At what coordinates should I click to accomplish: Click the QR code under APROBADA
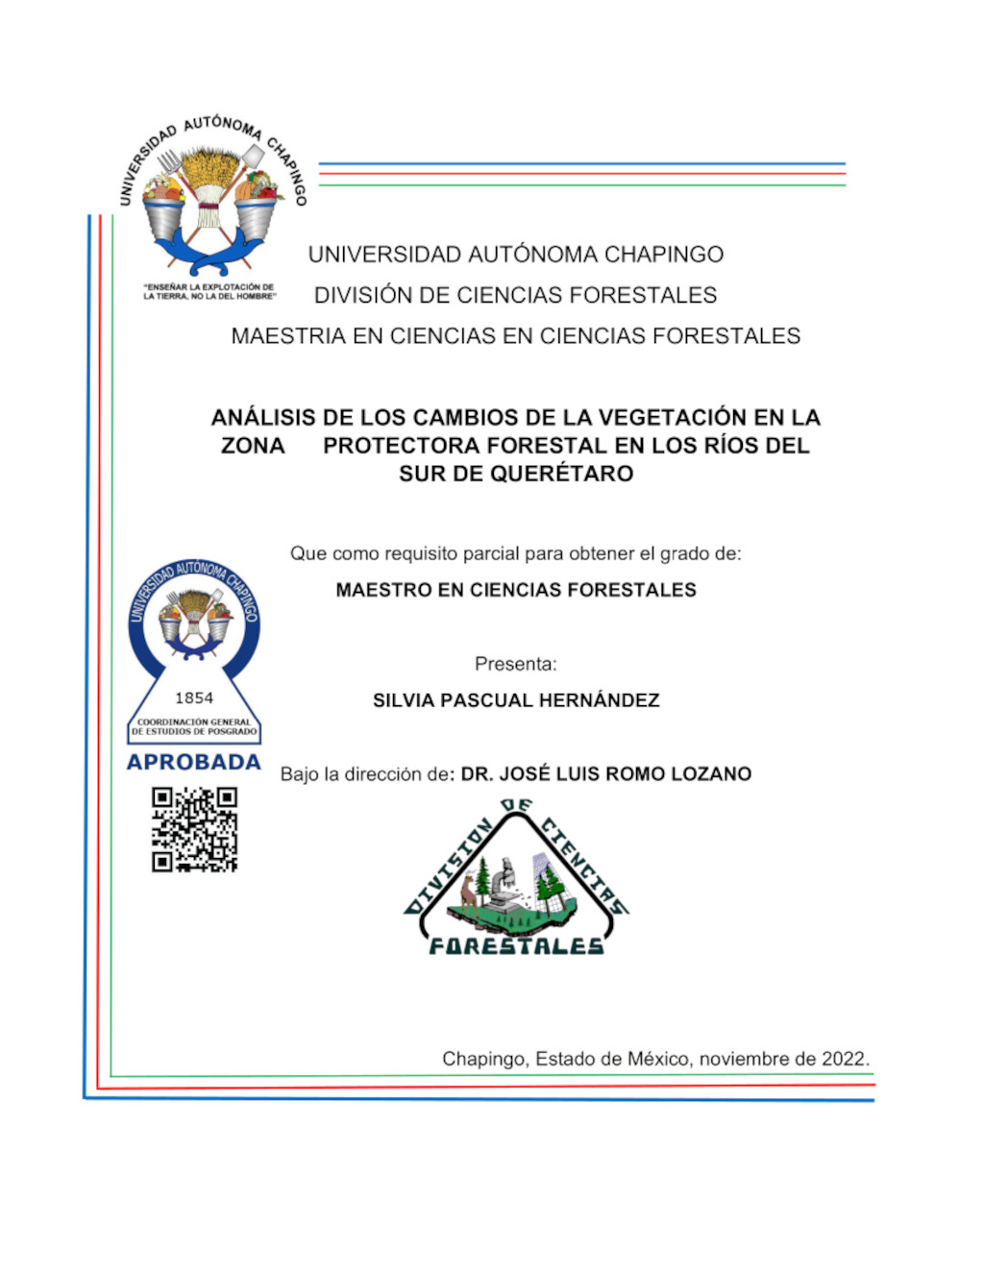194,829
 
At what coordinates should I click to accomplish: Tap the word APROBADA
194,762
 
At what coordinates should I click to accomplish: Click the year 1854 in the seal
194,698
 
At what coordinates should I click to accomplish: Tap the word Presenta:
516,664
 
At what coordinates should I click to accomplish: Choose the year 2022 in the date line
845,1059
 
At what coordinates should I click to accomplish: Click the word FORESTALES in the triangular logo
516,946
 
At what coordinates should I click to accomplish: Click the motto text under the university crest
209,292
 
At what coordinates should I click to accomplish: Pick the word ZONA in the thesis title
253,446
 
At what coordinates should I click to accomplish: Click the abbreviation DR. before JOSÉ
477,774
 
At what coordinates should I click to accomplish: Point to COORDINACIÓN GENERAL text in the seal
194,722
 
